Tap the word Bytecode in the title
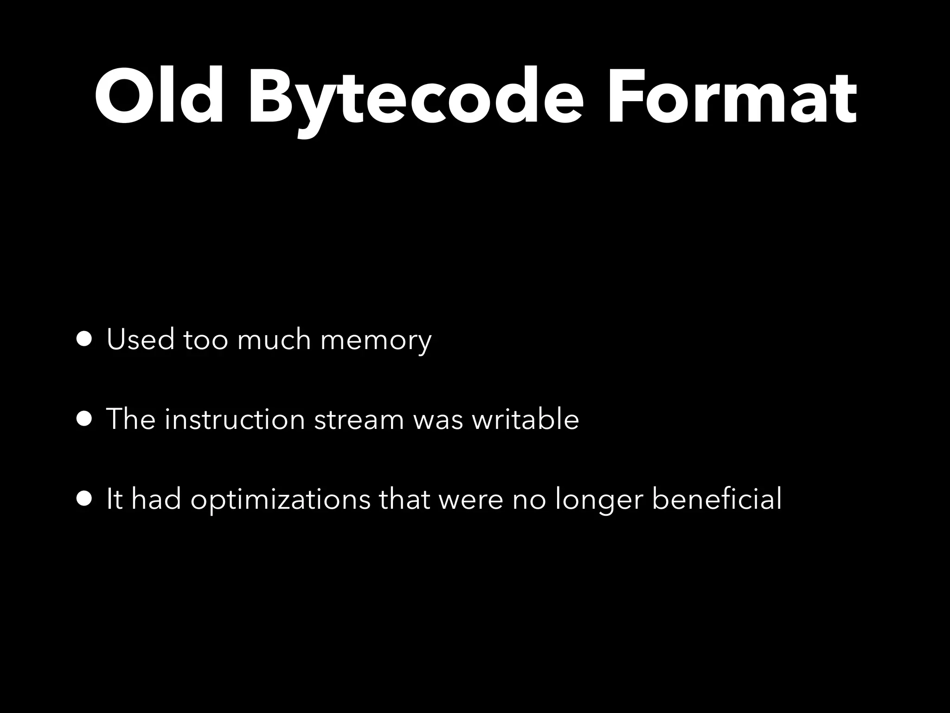415,100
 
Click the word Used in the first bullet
140,339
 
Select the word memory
376,341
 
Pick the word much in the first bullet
274,339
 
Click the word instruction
235,419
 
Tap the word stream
359,420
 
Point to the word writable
525,419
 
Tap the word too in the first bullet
205,340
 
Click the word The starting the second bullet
130,419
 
